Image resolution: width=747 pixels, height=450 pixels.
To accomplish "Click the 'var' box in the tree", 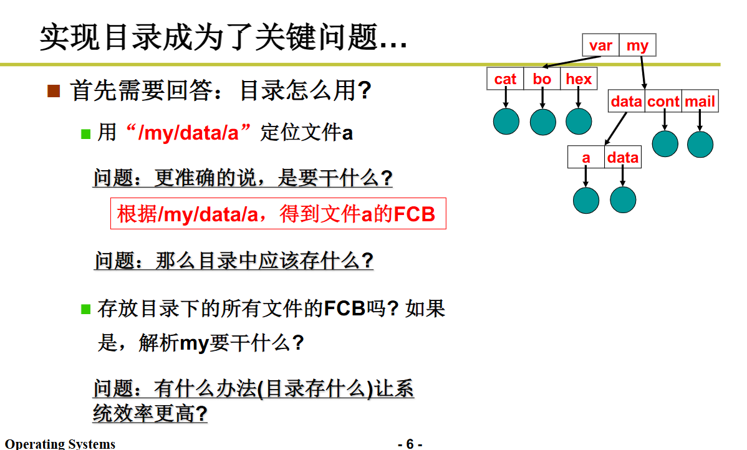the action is pos(600,45).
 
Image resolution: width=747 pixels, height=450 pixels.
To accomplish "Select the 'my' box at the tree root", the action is pos(637,45).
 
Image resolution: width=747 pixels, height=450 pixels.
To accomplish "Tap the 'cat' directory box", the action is pos(505,79).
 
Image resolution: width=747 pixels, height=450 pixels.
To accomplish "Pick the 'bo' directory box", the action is pos(542,79).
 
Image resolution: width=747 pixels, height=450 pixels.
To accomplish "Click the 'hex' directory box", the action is pos(579,79).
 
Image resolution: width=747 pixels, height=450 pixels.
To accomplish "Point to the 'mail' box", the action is pos(700,102).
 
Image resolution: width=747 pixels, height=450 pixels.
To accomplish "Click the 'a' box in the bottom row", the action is pos(586,158).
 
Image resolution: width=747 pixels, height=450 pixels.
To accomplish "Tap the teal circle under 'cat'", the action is pos(506,122).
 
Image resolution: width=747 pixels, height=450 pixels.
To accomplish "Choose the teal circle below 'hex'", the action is pos(579,122).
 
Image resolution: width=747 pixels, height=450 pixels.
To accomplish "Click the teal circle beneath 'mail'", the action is pos(700,144).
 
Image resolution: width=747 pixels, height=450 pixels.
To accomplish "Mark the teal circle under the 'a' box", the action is pos(586,200).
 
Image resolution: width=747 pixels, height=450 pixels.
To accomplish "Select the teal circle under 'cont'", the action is pos(665,144).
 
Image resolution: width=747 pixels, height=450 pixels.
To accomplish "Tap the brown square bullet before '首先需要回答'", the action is pos(54,91).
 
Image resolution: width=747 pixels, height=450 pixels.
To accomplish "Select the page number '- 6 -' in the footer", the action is pos(410,444).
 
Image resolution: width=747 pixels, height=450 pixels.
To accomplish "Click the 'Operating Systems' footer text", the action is pos(60,444).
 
